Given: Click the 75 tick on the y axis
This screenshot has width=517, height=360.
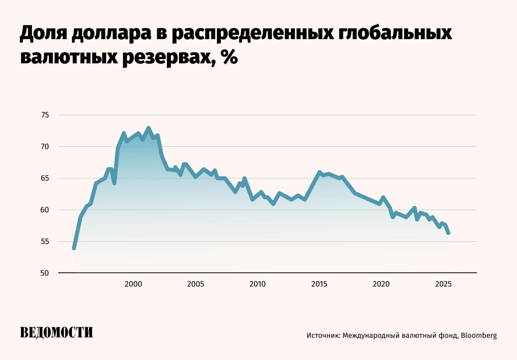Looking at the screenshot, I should (45, 115).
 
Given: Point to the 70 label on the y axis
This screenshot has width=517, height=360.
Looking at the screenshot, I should (45, 147).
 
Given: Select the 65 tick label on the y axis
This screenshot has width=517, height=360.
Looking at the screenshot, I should (45, 178).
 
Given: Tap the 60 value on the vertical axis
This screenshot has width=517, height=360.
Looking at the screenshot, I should (45, 210).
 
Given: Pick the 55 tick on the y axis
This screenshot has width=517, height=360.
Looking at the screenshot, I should (45, 241).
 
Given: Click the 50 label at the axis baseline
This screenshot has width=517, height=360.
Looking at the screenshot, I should (45, 273).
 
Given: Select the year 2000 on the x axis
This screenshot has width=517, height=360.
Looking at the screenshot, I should (133, 284).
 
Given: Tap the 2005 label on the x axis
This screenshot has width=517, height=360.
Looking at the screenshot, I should (195, 284).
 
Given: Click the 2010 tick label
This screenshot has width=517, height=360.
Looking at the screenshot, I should (257, 284).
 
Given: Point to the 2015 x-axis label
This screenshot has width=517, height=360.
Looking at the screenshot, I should (319, 284).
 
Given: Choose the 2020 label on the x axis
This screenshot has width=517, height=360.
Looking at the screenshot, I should (381, 284).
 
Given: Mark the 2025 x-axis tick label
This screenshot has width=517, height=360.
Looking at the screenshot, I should (443, 284).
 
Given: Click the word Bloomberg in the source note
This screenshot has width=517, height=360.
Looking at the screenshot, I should (479, 335).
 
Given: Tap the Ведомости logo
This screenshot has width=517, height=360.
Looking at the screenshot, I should (57, 333).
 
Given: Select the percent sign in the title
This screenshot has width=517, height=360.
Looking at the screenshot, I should (229, 57).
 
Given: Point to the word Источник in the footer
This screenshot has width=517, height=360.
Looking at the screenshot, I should (323, 335).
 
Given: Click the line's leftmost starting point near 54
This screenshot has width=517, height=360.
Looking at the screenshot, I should (74, 248).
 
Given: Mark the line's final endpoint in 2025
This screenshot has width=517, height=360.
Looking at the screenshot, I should (448, 233).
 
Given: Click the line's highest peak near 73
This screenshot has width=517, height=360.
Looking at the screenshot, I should (149, 128).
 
